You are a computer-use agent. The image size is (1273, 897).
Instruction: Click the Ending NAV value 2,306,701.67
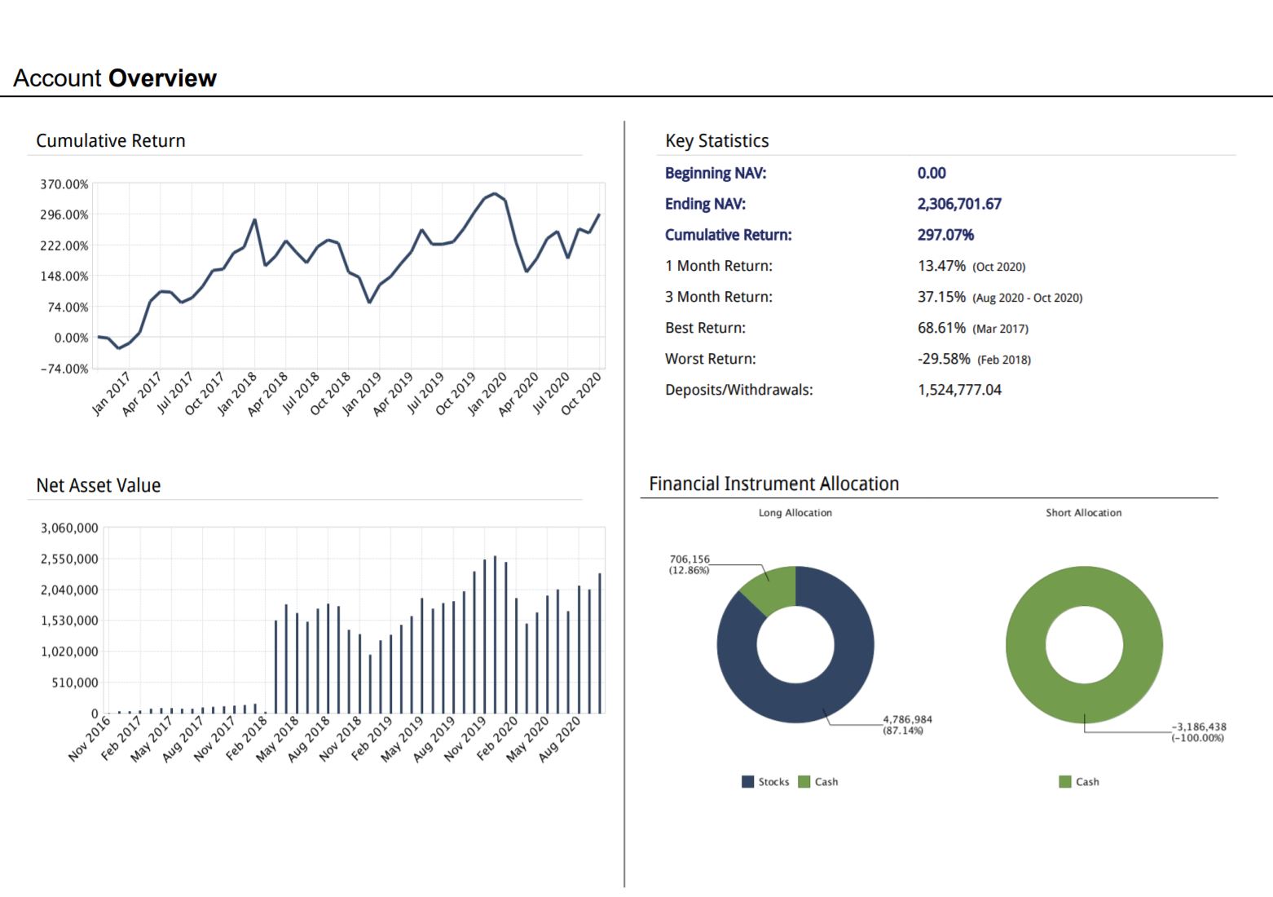click(x=958, y=204)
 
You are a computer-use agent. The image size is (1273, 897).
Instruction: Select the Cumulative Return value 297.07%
click(x=945, y=235)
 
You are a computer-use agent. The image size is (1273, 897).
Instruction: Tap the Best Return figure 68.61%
click(x=941, y=328)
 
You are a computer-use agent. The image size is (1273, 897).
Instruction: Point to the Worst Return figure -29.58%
click(x=944, y=359)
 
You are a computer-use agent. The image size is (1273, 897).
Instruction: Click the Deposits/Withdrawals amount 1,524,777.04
click(x=959, y=390)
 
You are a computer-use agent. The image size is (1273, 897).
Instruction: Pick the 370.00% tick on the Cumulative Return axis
click(x=64, y=184)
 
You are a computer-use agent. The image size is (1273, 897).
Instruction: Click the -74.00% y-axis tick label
click(x=64, y=369)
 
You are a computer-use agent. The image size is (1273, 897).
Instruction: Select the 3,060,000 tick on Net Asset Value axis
click(x=69, y=528)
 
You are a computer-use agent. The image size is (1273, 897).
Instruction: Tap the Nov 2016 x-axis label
click(x=90, y=739)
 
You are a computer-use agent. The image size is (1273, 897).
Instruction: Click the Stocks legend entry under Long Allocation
click(x=765, y=782)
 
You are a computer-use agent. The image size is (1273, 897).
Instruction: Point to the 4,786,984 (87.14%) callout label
click(x=907, y=725)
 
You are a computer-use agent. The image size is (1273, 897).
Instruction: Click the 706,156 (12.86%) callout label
click(x=689, y=564)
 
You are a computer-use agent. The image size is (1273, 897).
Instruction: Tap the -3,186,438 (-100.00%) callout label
click(x=1198, y=732)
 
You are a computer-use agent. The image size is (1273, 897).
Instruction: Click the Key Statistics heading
click(x=716, y=141)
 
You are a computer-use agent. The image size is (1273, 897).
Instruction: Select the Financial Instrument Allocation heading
click(x=773, y=484)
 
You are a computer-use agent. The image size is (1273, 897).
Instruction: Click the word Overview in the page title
click(x=162, y=78)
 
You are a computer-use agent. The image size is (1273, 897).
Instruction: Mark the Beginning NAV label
click(x=715, y=173)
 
